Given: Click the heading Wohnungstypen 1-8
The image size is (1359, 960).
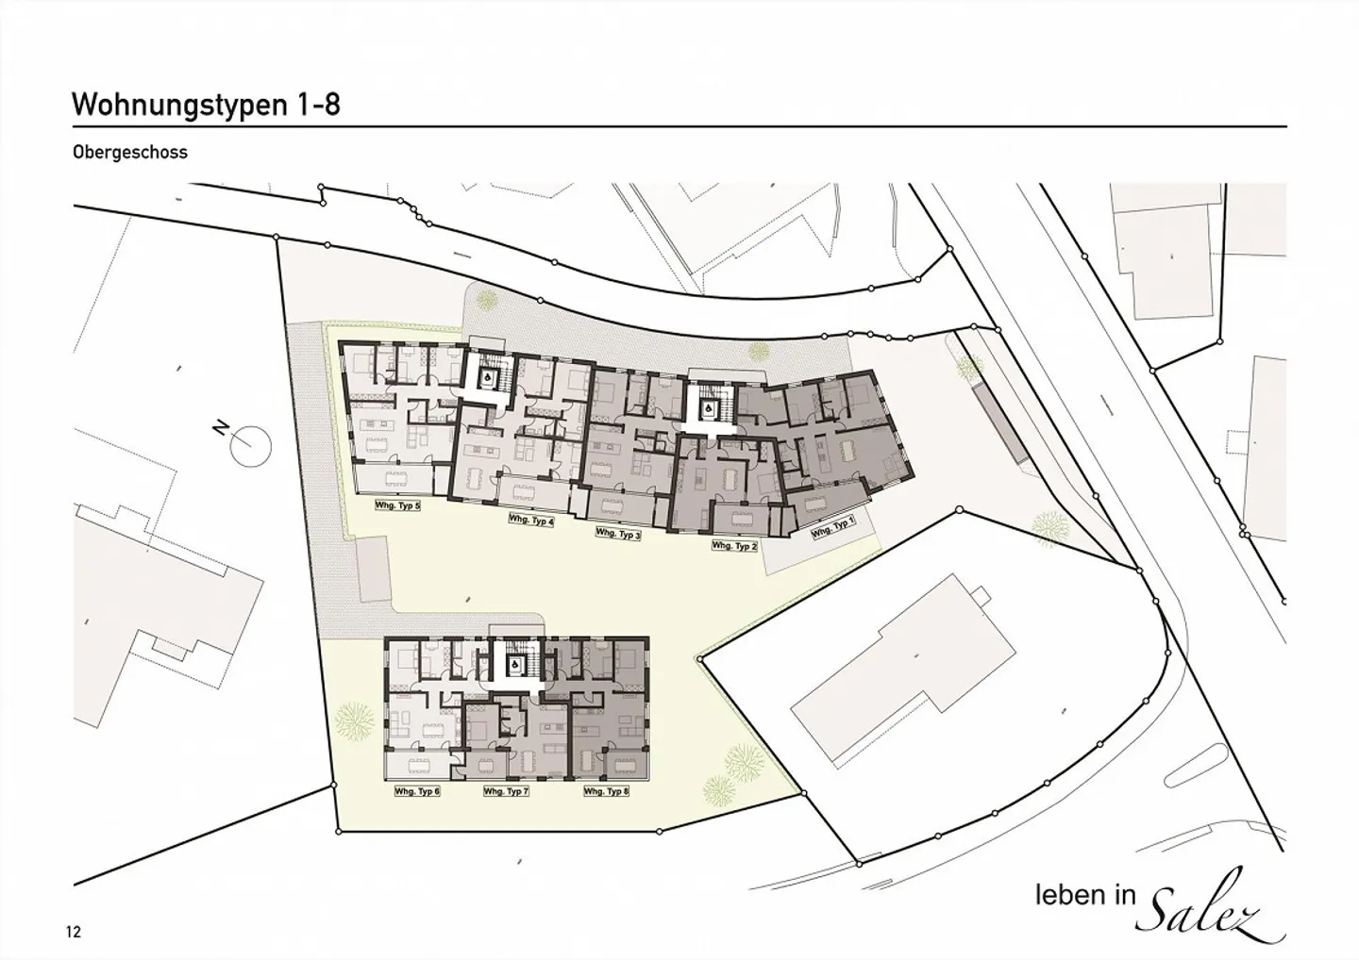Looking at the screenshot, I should pos(206,104).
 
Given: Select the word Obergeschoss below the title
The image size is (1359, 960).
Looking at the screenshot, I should pos(129,152).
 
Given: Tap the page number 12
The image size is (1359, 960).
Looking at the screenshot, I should pos(74,932).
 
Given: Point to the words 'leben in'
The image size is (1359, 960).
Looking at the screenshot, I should pos(1084,895).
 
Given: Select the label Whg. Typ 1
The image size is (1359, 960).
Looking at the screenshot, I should pos(832,527).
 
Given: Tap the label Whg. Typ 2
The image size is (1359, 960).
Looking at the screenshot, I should pos(734,546).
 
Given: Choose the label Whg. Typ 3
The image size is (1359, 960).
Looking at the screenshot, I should pos(618,534).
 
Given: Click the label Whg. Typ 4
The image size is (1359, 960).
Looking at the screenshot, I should pos(530,520).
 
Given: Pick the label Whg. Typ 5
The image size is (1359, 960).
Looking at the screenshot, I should pos(397,505).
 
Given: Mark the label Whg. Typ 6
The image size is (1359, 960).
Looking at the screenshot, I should pos(417,791).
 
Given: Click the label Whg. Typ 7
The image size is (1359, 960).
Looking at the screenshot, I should pos(506,791).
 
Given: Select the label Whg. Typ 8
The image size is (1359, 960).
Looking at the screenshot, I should pos(606,791).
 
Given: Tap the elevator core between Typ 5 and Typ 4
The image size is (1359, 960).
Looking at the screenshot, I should pos(488,379).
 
